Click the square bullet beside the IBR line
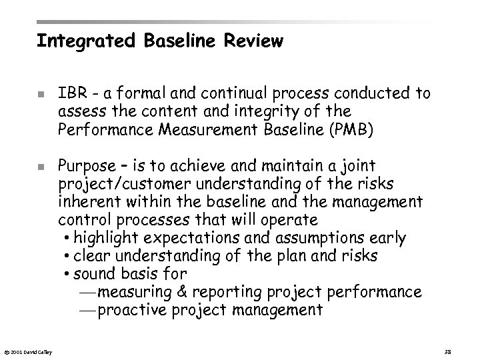point(41,94)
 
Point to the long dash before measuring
point(85,292)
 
